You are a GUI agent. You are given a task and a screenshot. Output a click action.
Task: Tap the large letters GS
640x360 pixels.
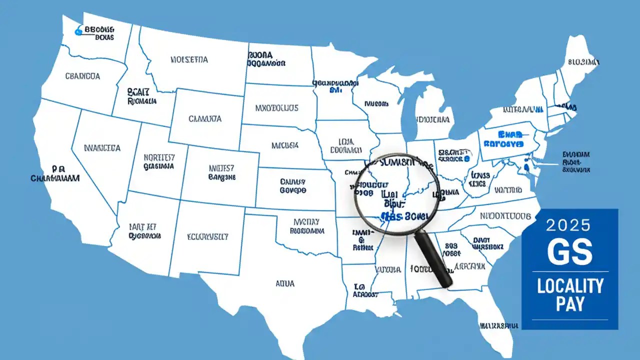569,251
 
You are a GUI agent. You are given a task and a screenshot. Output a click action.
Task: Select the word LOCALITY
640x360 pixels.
570,286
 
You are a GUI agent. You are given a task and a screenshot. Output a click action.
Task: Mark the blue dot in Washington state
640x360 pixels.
77,32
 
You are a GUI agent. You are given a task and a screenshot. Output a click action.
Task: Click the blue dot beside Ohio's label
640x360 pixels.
466,158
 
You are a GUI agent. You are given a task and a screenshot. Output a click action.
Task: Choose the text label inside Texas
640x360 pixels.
285,283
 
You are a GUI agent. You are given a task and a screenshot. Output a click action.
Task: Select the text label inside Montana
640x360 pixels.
189,60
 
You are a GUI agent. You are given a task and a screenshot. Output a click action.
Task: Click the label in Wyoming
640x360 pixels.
204,119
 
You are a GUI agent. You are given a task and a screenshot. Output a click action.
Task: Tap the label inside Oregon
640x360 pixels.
82,76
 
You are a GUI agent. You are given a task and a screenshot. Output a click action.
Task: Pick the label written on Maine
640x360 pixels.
583,62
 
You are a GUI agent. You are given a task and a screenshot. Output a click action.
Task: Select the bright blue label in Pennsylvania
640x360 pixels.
503,139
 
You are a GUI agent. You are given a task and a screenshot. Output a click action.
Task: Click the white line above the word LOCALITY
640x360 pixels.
569,271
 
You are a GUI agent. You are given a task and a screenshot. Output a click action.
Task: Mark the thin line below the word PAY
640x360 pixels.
569,319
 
